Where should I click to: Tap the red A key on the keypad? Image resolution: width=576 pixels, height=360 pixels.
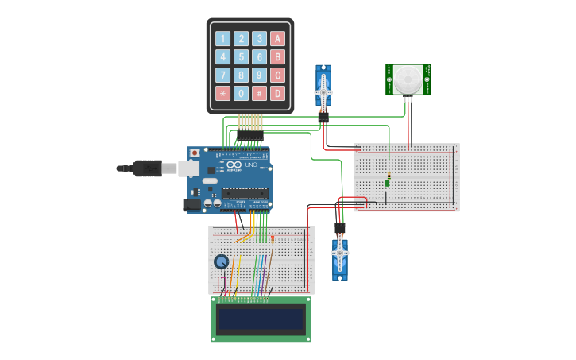click(x=277, y=38)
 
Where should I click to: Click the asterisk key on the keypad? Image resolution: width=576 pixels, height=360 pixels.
click(x=222, y=94)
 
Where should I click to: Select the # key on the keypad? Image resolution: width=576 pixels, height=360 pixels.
click(x=259, y=94)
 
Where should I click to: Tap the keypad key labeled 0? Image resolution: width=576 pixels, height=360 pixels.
click(x=241, y=94)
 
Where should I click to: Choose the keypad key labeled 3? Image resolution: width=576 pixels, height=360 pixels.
click(x=259, y=38)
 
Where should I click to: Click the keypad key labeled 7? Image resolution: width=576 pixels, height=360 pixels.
click(x=222, y=75)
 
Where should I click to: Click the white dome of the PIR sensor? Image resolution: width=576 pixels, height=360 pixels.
click(x=408, y=78)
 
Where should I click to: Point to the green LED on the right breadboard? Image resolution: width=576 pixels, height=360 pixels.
click(x=387, y=183)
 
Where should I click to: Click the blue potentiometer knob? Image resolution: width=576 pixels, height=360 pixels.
click(x=221, y=261)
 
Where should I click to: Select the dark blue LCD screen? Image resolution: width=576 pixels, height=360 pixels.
click(x=261, y=319)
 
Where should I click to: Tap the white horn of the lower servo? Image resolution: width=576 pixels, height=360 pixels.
click(x=340, y=254)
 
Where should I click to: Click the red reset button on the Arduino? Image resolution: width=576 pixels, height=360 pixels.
click(x=194, y=153)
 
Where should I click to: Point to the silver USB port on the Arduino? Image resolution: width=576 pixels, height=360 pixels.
click(x=188, y=168)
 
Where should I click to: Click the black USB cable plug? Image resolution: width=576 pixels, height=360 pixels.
click(x=146, y=168)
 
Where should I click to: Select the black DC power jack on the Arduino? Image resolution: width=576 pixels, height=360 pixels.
click(x=191, y=204)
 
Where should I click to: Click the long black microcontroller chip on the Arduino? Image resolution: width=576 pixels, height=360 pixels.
click(x=245, y=192)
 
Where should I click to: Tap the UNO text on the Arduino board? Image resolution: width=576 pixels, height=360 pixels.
click(x=251, y=165)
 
